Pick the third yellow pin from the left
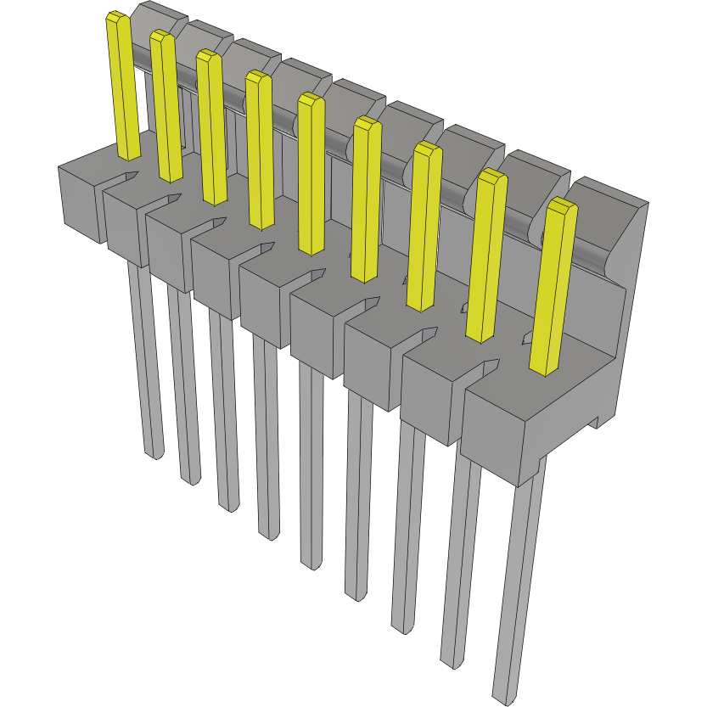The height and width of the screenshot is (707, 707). pos(211,127)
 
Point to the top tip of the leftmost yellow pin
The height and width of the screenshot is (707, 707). pos(115,17)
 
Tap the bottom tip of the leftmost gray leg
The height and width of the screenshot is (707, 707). pos(154,455)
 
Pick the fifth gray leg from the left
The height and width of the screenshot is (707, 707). pos(311,475)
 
